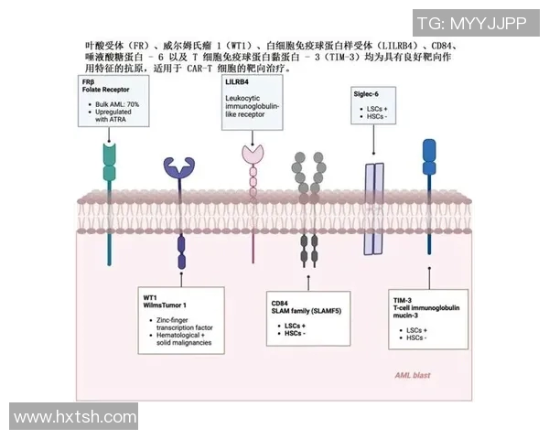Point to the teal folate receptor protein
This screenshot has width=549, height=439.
pyautogui.click(x=110, y=170)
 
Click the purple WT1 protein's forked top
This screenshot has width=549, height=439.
pyautogui.click(x=180, y=166)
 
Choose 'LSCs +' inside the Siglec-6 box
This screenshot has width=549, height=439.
pyautogui.click(x=375, y=109)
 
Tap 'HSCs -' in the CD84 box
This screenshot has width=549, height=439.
pyautogui.click(x=295, y=334)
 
